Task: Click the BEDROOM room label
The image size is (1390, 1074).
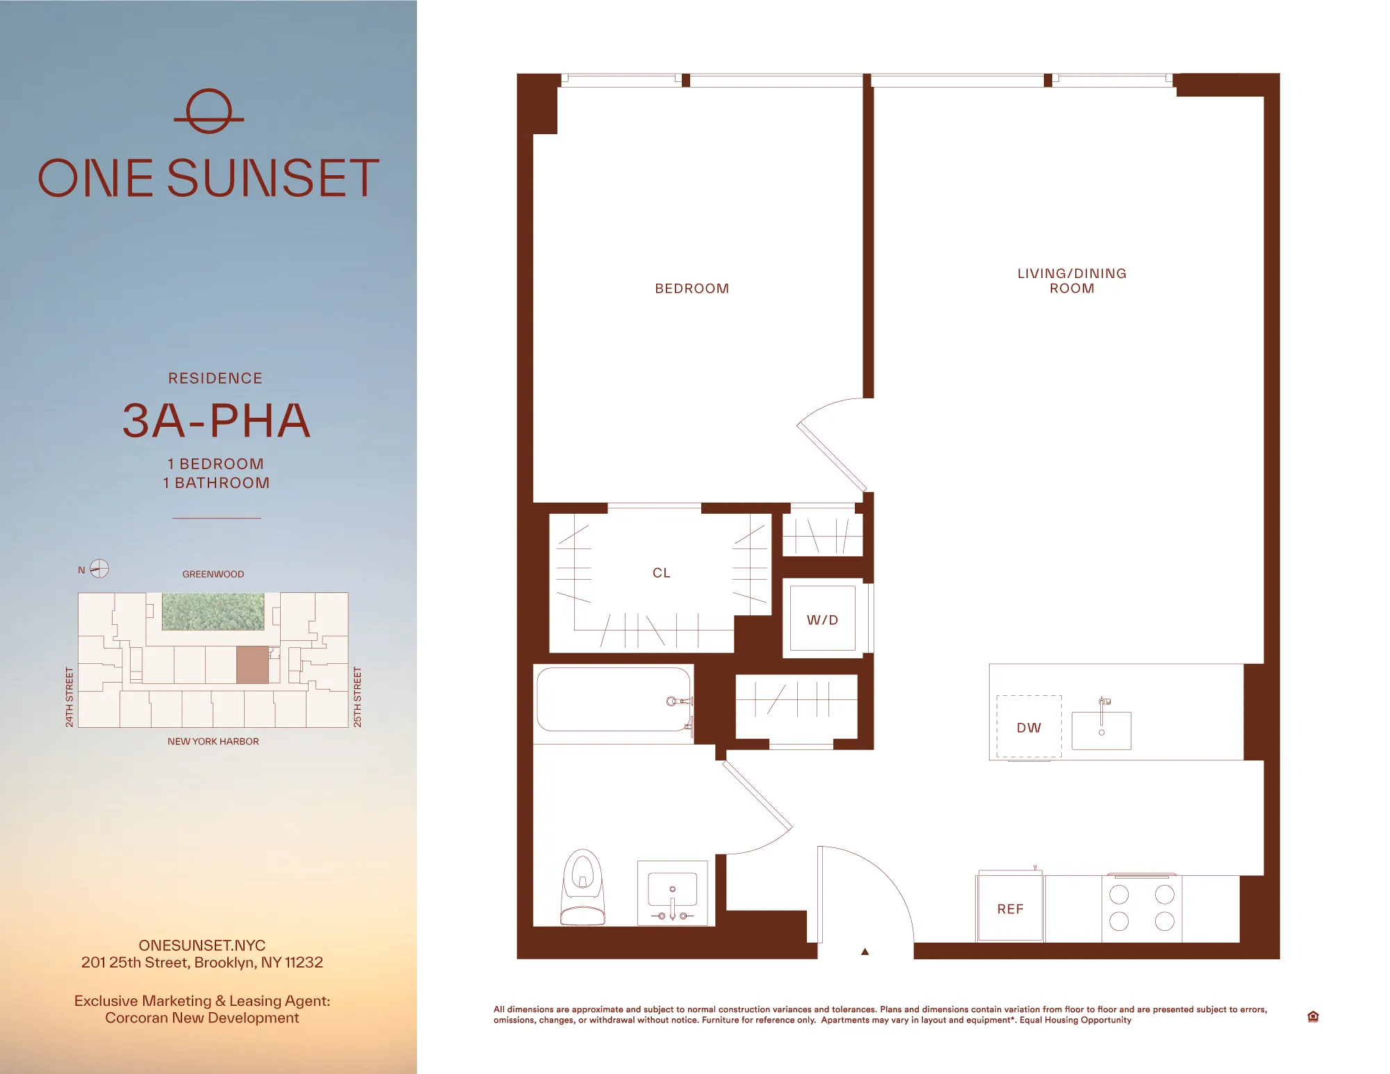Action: [692, 288]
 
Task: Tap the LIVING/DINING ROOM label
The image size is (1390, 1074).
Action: [1072, 281]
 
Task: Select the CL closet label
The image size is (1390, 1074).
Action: [661, 573]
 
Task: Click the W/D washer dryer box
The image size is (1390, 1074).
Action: [822, 619]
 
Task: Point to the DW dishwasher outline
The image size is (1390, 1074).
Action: [1029, 727]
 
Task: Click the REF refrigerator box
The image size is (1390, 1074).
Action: [1010, 909]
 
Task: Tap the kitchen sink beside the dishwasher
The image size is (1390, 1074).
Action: [1101, 730]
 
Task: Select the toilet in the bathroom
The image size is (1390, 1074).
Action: [582, 888]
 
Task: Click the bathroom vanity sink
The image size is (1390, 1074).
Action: [672, 893]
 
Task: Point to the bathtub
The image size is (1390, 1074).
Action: [613, 700]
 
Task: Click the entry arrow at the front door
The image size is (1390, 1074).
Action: [865, 952]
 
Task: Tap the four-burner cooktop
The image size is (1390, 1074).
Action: [1141, 908]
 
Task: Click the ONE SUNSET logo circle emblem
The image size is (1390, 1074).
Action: [208, 111]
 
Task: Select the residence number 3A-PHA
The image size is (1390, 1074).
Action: [216, 421]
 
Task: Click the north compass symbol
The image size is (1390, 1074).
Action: [99, 569]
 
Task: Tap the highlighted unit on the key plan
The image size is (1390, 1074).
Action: [252, 665]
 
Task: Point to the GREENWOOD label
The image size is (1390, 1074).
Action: [213, 574]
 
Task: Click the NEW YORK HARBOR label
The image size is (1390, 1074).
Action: [213, 742]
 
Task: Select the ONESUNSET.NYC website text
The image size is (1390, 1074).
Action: [202, 945]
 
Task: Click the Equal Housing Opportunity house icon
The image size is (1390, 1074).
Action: [1313, 1017]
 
